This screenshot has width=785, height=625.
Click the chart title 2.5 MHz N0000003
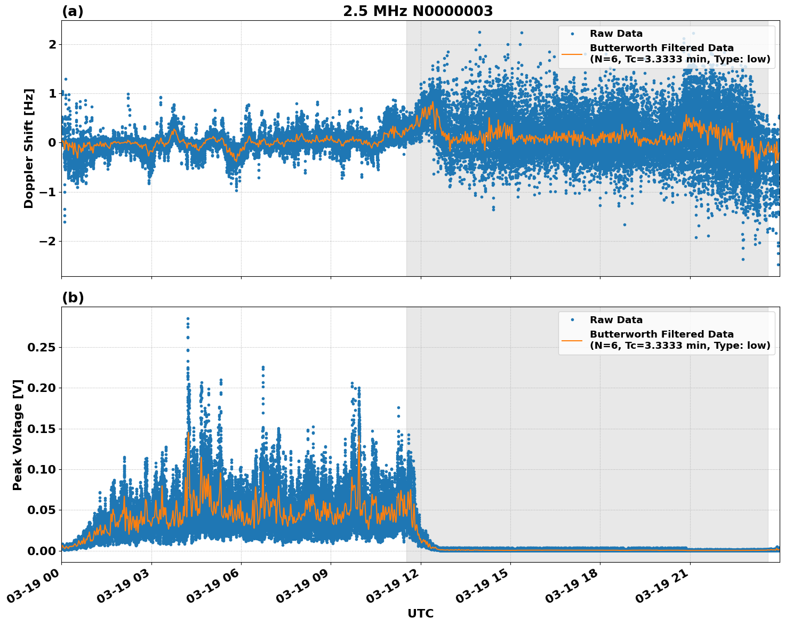[418, 11]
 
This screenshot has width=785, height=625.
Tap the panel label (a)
[73, 11]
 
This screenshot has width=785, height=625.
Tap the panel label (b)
[73, 298]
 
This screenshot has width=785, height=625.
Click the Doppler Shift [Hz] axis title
[29, 148]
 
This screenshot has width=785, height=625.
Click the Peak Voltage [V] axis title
[18, 435]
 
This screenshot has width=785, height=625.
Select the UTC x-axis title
[420, 613]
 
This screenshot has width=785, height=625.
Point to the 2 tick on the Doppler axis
[52, 44]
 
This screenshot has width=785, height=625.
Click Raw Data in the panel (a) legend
[616, 34]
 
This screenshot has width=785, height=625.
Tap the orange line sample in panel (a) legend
[572, 53]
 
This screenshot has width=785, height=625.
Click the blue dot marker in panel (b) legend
[572, 320]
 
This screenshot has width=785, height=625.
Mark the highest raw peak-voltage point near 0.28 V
[188, 318]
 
